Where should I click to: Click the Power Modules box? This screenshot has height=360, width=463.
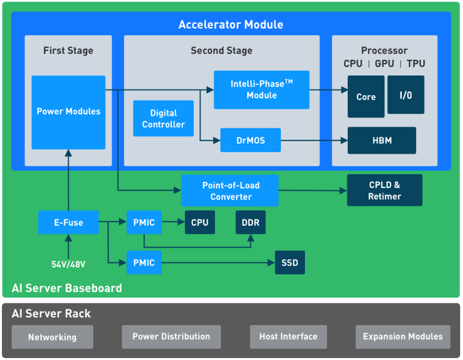coord(68,112)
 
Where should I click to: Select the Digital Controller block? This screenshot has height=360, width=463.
coord(163,118)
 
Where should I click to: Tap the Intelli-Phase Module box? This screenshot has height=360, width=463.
coord(262,90)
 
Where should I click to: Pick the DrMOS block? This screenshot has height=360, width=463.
coord(251,140)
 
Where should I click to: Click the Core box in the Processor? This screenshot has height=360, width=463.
coord(366,97)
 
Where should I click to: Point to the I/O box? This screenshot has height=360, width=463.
coord(406,95)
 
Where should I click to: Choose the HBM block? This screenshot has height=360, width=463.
coord(382,141)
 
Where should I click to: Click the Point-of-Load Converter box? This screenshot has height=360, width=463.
coord(230,191)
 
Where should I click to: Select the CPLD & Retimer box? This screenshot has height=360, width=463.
coord(385,190)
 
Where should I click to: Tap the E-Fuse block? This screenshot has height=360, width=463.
coord(68,222)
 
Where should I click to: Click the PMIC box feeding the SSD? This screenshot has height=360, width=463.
coord(144,262)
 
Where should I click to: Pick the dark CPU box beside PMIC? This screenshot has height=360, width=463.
coord(200,222)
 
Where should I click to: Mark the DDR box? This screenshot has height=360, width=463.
coord(251,222)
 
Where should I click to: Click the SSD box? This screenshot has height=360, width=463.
coord(290,262)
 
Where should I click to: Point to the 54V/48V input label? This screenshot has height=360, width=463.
coord(68,264)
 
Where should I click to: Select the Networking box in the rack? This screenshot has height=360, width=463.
coord(52,337)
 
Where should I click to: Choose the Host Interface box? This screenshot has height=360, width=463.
coord(289,337)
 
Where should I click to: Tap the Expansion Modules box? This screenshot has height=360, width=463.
coord(403,337)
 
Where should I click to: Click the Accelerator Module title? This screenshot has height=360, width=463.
coord(231,24)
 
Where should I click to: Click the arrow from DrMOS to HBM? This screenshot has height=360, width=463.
coord(314,141)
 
